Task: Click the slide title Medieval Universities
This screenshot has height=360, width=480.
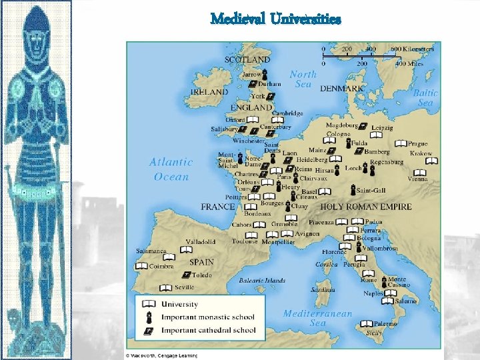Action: pos(275,19)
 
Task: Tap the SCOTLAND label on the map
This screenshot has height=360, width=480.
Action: pos(247,59)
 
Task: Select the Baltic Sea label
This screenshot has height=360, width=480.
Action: pos(425,98)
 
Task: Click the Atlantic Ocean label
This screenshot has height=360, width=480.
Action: pos(171,169)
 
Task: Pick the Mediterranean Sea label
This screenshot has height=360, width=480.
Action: pos(317,318)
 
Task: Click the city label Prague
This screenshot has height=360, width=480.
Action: pos(419,143)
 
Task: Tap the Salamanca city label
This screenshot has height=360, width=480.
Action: pos(151,251)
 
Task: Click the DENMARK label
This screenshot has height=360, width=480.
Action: pos(341,88)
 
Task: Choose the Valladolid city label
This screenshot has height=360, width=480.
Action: pos(200,241)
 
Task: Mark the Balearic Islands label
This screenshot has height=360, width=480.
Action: pos(261,281)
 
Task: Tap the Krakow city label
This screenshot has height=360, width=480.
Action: pos(421,153)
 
